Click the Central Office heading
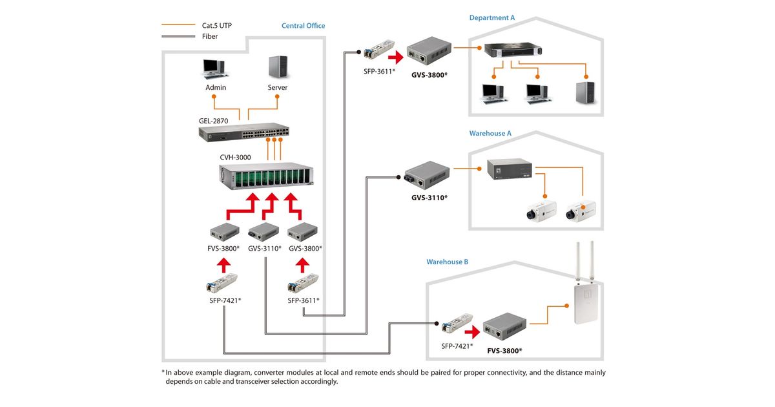tap(303, 26)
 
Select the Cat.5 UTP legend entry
tap(217, 26)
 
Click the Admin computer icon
tap(214, 69)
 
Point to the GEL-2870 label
tap(213, 121)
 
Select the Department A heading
tap(492, 18)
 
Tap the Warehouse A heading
tap(490, 134)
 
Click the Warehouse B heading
tap(447, 262)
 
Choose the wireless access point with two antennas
tap(587, 291)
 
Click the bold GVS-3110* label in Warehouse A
tap(429, 197)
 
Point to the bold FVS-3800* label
tap(504, 350)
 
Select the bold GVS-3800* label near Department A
tap(429, 75)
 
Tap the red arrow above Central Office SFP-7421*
tap(223, 264)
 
